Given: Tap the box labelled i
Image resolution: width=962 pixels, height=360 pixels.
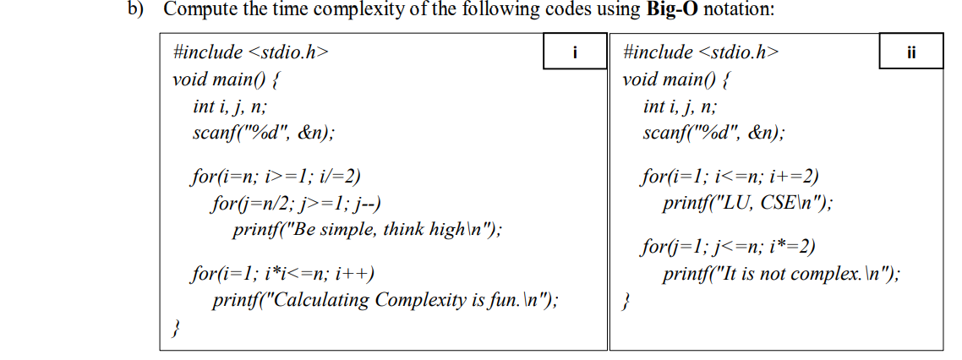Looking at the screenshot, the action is click(575, 52).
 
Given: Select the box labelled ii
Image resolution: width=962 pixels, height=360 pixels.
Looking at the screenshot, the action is click(910, 52).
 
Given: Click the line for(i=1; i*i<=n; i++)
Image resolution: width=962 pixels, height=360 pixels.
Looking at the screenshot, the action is click(283, 274).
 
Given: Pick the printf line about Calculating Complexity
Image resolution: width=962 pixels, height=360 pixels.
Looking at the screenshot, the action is click(385, 299).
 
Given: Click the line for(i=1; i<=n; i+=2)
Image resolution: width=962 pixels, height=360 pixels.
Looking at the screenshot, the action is click(730, 177).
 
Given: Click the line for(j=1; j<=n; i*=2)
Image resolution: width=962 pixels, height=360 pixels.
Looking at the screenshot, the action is click(729, 248).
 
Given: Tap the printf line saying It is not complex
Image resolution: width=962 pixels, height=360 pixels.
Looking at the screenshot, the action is click(782, 274).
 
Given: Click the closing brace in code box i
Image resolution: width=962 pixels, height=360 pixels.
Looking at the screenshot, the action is click(176, 326).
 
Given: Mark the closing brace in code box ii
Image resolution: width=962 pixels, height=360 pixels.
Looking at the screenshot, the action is click(626, 301).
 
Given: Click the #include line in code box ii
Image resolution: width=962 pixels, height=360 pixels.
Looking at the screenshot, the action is click(700, 52).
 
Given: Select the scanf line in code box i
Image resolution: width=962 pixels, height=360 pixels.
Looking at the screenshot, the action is click(263, 133).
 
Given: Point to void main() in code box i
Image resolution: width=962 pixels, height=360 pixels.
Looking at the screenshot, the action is click(227, 80).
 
